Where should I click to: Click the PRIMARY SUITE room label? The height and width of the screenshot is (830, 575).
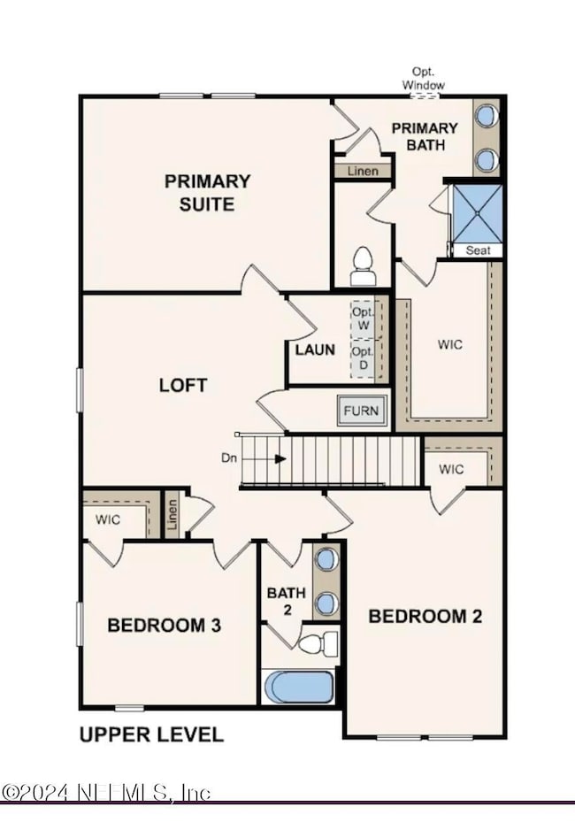click(x=207, y=192)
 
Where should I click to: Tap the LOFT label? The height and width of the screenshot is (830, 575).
click(x=183, y=385)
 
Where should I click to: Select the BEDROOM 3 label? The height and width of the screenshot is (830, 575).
click(x=164, y=626)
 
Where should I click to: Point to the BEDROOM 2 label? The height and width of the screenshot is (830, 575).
click(x=425, y=616)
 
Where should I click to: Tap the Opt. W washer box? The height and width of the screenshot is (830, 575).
click(x=363, y=319)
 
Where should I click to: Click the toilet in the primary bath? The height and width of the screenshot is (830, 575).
click(x=363, y=266)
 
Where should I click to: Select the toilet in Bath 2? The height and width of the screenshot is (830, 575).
click(x=319, y=642)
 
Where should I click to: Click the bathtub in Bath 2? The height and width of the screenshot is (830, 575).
click(x=298, y=688)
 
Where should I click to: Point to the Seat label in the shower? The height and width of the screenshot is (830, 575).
click(x=478, y=250)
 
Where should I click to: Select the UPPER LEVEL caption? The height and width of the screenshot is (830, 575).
click(x=151, y=734)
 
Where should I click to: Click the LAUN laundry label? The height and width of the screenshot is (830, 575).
click(x=315, y=350)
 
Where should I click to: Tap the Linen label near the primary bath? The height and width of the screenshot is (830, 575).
click(x=362, y=171)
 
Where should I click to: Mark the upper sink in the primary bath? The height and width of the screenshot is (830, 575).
click(x=485, y=117)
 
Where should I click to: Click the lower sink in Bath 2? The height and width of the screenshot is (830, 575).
click(x=326, y=603)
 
